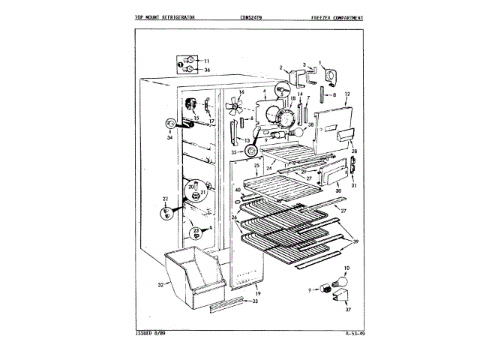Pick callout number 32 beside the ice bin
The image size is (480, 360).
160,284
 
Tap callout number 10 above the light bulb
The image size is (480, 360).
346,268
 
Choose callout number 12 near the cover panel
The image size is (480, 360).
347,95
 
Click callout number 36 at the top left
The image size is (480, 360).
207,70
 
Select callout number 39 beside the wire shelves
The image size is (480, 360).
356,241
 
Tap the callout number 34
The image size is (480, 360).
170,137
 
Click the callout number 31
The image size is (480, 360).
354,186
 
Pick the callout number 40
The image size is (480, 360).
237,190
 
